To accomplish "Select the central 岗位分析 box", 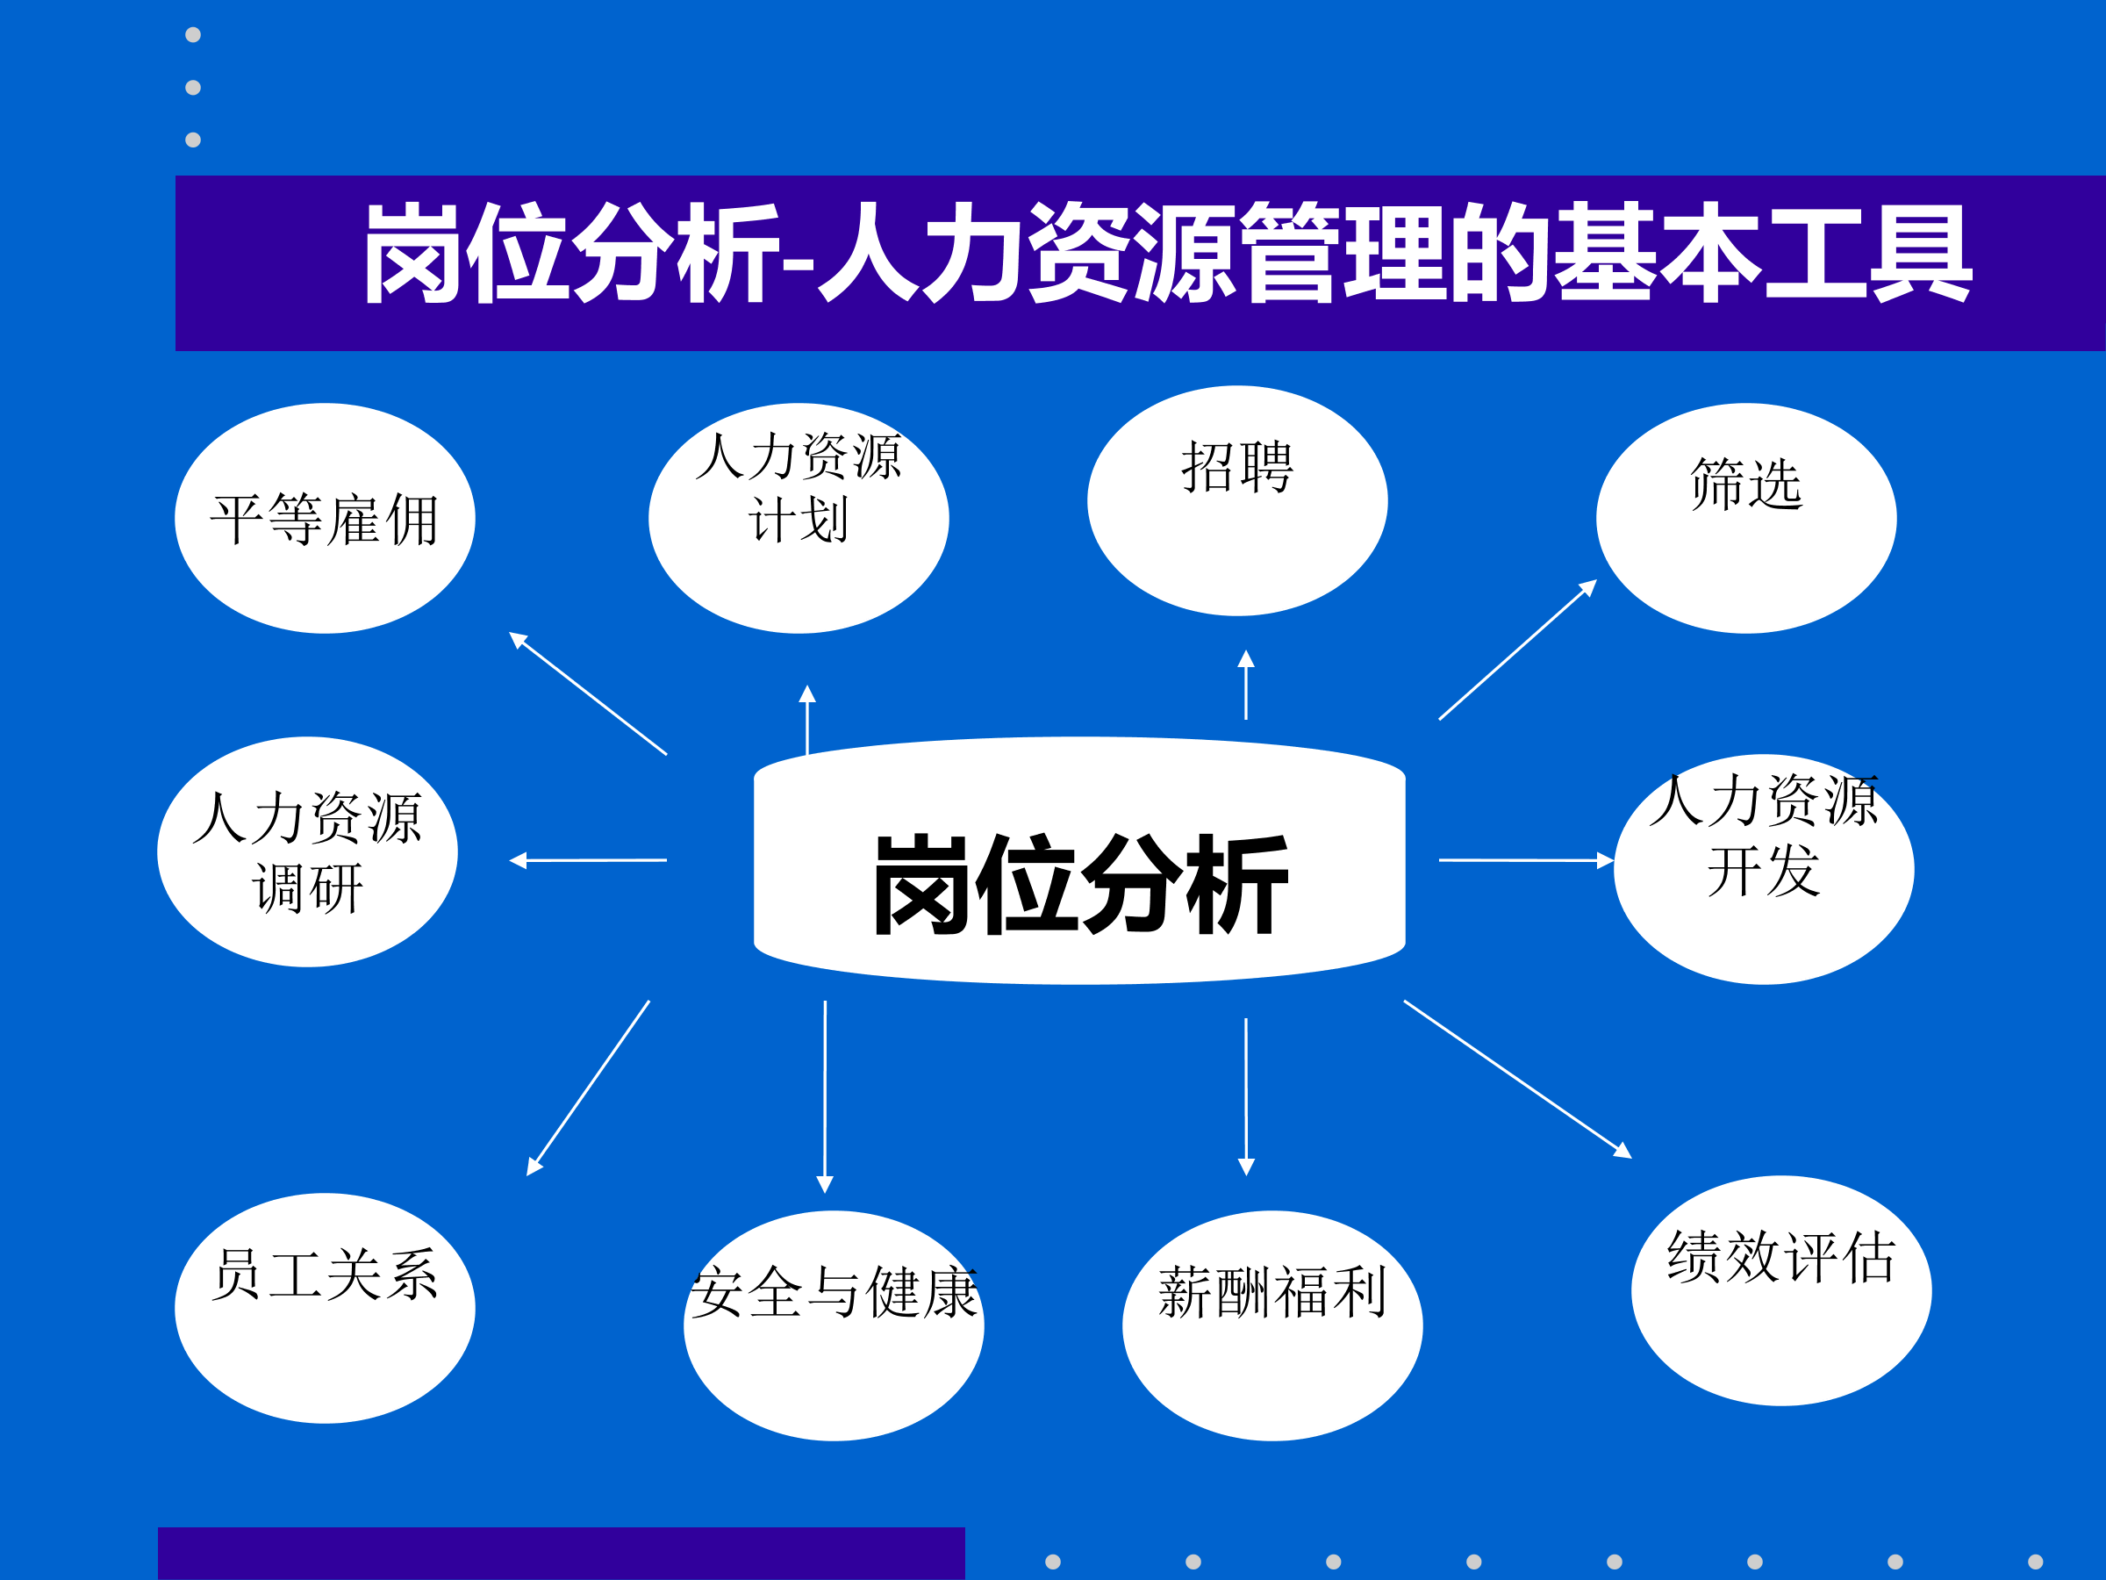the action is tap(1079, 860).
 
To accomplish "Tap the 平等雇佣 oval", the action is tap(325, 518).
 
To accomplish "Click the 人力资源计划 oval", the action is tap(799, 518).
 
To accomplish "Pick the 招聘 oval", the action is tap(1237, 501).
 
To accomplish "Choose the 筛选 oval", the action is tap(1746, 518).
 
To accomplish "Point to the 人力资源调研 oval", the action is tap(307, 851).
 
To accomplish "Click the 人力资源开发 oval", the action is tap(1764, 870).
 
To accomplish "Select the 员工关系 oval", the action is tap(325, 1309).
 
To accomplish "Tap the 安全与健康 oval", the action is tap(834, 1325).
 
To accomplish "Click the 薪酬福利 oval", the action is tap(1273, 1325).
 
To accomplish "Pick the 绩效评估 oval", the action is tap(1781, 1290).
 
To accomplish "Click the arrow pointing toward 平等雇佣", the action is tap(587, 693).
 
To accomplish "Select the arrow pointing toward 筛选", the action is tap(1517, 650).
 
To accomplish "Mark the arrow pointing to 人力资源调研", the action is tap(587, 860).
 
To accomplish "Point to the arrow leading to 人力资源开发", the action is tap(1526, 860).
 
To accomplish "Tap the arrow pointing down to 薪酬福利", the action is tap(1245, 1097).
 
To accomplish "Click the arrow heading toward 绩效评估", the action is tap(1517, 1079).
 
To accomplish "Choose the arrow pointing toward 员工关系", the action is tap(587, 1088).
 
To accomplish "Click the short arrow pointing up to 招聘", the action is tap(1245, 684).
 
